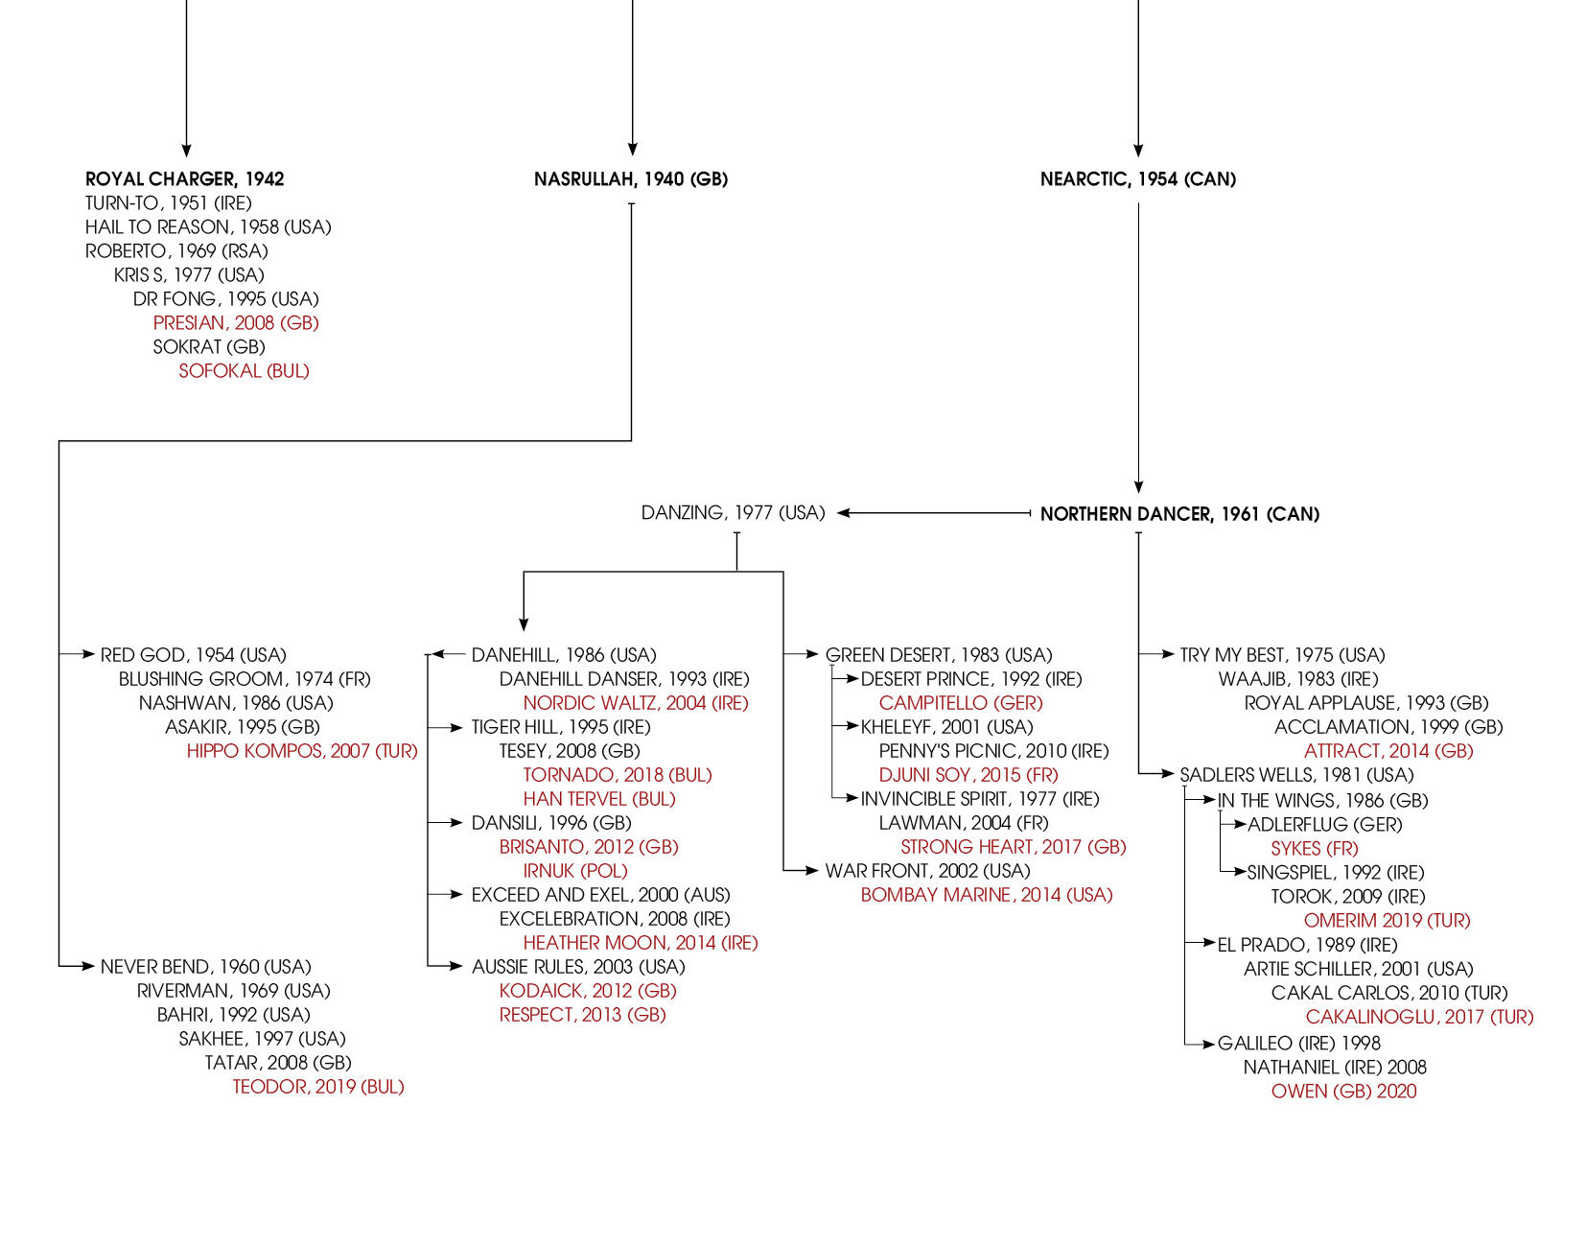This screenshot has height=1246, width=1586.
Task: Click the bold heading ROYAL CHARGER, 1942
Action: (x=184, y=179)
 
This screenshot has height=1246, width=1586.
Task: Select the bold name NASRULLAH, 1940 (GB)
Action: (x=631, y=179)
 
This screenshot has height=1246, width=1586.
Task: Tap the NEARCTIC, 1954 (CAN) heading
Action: (x=1138, y=179)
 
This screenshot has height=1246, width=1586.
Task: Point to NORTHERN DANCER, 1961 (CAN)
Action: (x=1179, y=514)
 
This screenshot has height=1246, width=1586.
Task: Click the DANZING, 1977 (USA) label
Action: (x=733, y=513)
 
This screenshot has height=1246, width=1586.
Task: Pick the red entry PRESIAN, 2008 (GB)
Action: (x=236, y=323)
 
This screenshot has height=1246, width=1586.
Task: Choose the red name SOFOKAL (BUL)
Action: (x=244, y=371)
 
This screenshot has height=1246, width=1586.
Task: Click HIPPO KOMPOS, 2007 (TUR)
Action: (x=302, y=751)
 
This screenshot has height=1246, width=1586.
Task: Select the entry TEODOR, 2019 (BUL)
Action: (x=318, y=1087)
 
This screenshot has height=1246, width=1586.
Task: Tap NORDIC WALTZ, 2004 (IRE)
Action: (x=636, y=703)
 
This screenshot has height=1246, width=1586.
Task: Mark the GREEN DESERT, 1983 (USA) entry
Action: (x=939, y=655)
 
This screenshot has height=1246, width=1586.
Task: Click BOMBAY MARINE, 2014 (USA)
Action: (x=987, y=895)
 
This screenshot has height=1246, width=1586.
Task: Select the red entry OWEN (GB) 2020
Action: (x=1343, y=1092)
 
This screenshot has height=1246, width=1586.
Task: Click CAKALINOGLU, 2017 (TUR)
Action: (x=1419, y=1017)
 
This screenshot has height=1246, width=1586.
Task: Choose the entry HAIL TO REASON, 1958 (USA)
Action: (x=208, y=227)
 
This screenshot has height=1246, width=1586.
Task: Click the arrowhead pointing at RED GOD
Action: (x=90, y=654)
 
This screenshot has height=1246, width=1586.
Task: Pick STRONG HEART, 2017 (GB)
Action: (x=1014, y=847)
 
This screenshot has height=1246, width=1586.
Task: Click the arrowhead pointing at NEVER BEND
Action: (x=90, y=966)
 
